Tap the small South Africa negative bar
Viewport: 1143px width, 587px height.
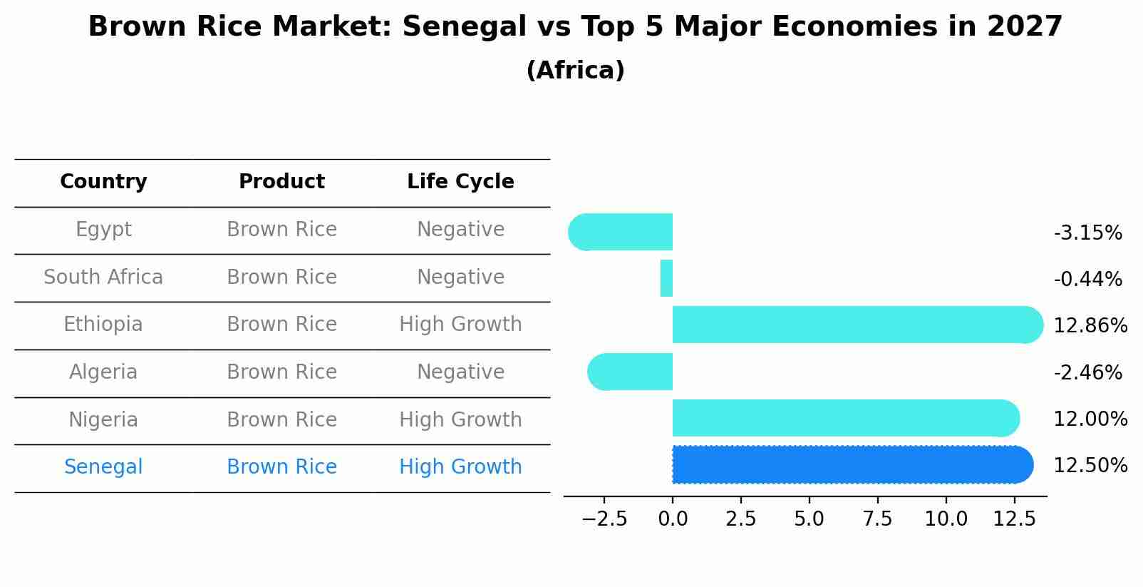coord(666,278)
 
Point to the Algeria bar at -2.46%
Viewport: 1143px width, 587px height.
coord(631,372)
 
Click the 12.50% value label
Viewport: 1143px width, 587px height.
coord(1090,466)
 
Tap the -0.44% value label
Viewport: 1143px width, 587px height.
coord(1087,279)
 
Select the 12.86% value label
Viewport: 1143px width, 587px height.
coord(1090,326)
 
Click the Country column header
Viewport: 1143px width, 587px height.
coord(103,182)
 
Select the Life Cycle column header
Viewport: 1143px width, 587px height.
coord(460,182)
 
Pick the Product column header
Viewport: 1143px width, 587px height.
coord(281,182)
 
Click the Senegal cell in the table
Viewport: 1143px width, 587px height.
coord(103,467)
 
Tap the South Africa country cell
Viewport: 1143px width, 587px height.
coord(103,277)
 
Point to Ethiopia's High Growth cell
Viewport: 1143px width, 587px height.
coord(460,325)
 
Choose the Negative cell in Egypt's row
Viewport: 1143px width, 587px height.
coord(460,230)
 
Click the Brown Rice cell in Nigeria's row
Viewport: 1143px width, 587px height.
coord(281,419)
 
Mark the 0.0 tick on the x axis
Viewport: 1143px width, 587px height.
coord(673,519)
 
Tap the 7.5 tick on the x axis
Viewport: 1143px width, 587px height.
coord(877,519)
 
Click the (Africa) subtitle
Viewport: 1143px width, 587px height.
coord(575,71)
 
